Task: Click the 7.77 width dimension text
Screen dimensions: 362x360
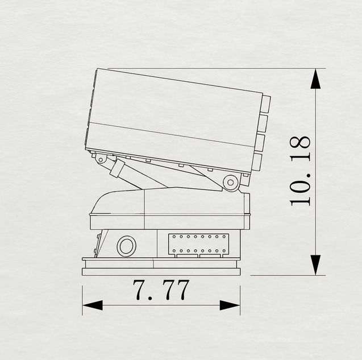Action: pyautogui.click(x=161, y=290)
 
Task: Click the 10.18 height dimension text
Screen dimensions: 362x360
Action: pyautogui.click(x=300, y=171)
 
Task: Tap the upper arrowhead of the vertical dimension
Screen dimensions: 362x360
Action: pyautogui.click(x=315, y=78)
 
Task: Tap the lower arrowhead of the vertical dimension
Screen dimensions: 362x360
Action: pyautogui.click(x=315, y=265)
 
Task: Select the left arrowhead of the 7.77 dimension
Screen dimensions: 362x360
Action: pyautogui.click(x=92, y=305)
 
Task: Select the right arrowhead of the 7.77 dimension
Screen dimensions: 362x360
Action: pyautogui.click(x=230, y=305)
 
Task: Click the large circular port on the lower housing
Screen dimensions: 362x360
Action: pyautogui.click(x=126, y=246)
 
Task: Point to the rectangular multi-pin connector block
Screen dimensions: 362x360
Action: pyautogui.click(x=199, y=245)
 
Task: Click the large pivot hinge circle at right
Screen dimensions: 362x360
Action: pyautogui.click(x=230, y=183)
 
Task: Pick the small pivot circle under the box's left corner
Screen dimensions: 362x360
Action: pyautogui.click(x=101, y=159)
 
